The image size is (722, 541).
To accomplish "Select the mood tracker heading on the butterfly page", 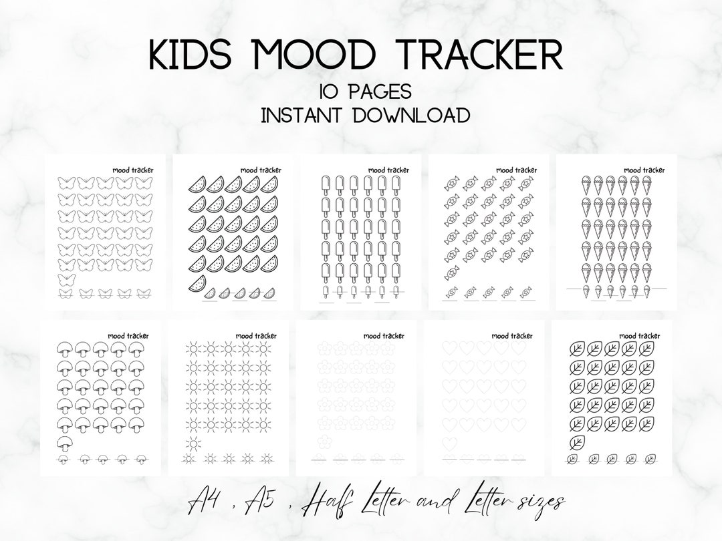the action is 130,170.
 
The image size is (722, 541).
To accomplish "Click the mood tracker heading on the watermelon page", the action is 258,170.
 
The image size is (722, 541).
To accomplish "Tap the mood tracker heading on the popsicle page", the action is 386,170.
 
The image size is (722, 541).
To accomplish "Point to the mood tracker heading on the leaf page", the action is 641,336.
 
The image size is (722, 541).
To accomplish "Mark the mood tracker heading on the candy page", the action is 513,170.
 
